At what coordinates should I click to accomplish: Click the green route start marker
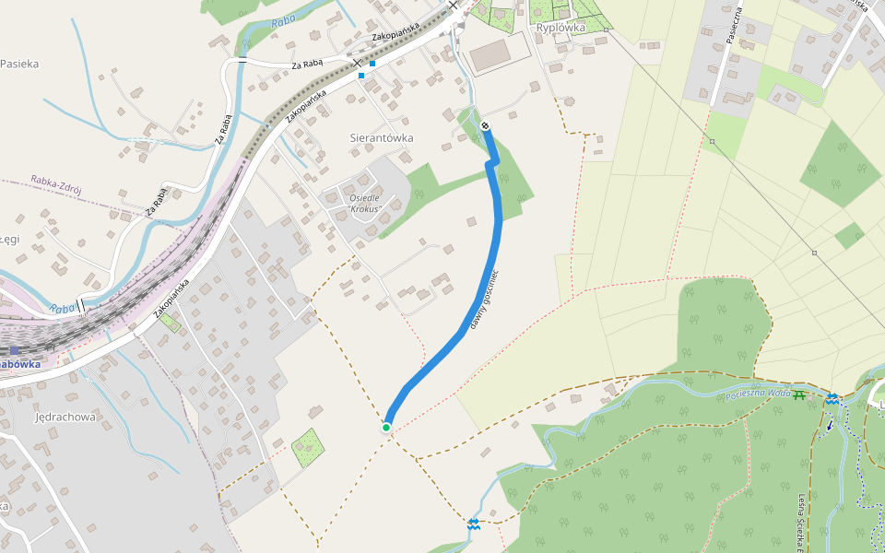coord(386,427)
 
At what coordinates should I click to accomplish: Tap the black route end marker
coord(486,126)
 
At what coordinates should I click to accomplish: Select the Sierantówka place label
coord(382,137)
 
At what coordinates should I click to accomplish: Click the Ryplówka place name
coord(560,28)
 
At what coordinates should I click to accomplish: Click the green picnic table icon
coord(799,394)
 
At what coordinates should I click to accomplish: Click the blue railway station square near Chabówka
coord(15,350)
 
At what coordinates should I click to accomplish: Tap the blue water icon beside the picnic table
coord(832,397)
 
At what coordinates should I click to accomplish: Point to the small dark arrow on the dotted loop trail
coord(829,426)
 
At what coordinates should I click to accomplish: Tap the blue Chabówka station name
coord(20,364)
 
